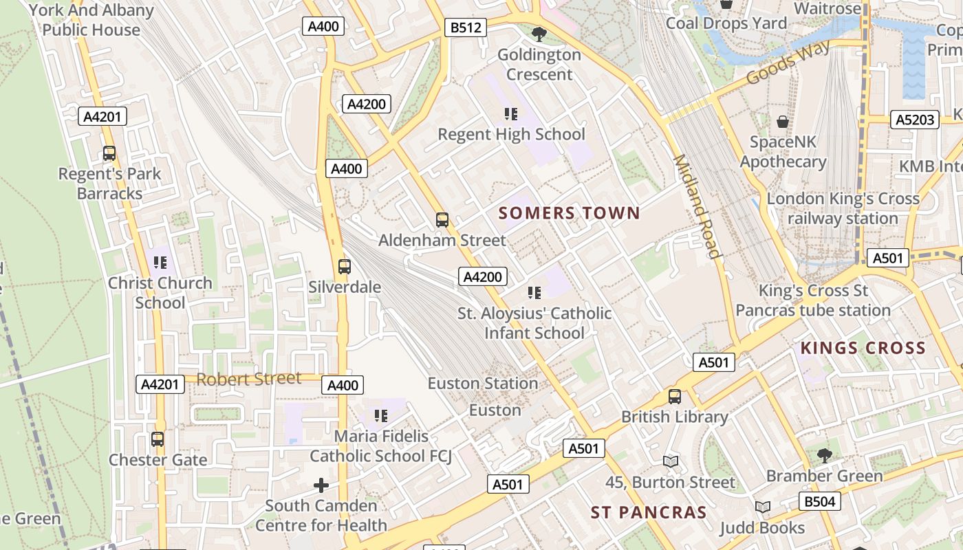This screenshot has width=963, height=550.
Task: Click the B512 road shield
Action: click(x=466, y=27)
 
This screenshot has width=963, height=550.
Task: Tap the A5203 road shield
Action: click(x=915, y=120)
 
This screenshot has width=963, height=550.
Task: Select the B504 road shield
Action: click(x=819, y=501)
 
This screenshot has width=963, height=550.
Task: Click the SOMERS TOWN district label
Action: click(x=569, y=213)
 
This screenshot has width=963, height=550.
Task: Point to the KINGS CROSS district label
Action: click(x=863, y=348)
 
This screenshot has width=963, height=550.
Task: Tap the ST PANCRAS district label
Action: click(x=649, y=512)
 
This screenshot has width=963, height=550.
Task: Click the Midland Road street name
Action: click(x=697, y=206)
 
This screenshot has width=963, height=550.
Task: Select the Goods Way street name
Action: click(x=788, y=63)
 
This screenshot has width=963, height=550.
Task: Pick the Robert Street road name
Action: click(x=249, y=379)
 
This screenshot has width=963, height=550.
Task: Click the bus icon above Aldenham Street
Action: click(x=442, y=220)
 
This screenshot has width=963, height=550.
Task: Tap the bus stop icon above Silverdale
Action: click(x=345, y=266)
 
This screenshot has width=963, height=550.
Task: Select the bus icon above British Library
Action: click(x=675, y=397)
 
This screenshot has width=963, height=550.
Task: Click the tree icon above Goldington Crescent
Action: click(x=539, y=34)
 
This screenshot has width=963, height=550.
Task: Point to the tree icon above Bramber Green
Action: click(x=824, y=455)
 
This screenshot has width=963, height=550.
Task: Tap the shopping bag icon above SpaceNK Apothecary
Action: click(x=782, y=122)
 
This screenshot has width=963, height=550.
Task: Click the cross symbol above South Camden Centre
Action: click(x=321, y=485)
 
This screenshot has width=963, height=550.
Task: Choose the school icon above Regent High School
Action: click(x=511, y=113)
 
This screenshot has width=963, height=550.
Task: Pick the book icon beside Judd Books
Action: click(x=762, y=507)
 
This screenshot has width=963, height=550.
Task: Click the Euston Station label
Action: click(x=483, y=383)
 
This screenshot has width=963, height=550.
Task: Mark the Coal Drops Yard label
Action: click(x=726, y=23)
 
